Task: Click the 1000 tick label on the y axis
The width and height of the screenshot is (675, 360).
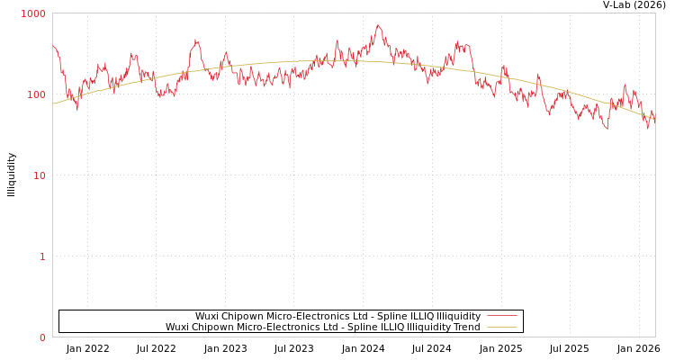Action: pos(33,14)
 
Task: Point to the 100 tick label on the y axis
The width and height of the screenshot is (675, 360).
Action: pos(35,94)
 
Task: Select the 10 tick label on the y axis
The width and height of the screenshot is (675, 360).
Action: pos(39,175)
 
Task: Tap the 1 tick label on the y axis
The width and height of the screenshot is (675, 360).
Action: pos(41,256)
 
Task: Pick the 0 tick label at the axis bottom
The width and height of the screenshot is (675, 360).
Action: pos(41,337)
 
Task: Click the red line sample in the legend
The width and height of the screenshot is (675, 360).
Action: pos(501,317)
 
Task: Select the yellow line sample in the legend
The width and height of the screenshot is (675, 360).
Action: pos(501,328)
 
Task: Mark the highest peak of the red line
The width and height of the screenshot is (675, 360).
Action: pos(378,25)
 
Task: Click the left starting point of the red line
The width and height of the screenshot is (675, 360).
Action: pos(53,45)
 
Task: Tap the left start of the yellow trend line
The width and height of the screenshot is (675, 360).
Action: pos(53,103)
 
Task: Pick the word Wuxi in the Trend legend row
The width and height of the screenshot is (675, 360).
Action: pos(178,328)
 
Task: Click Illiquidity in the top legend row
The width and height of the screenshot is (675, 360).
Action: pos(458,317)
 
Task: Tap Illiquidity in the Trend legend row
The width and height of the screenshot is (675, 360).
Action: pos(427,328)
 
